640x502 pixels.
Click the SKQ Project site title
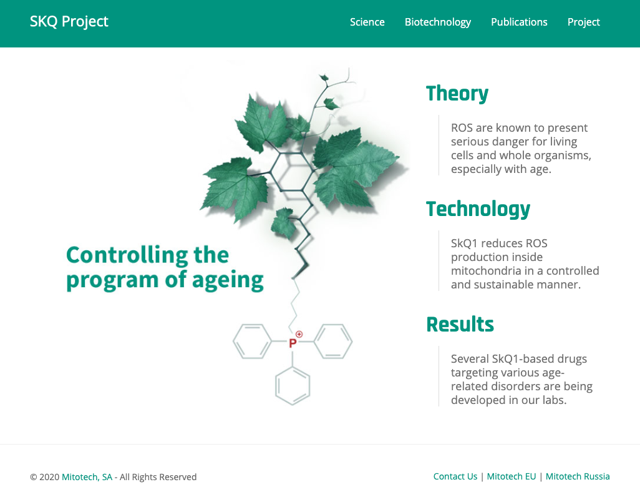(x=69, y=22)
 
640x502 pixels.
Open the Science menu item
(x=367, y=22)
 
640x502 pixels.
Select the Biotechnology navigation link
(x=437, y=22)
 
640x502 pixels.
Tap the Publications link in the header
(x=519, y=22)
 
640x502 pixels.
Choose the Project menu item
(x=583, y=22)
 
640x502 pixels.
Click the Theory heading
(x=457, y=94)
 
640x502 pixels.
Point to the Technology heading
(x=478, y=209)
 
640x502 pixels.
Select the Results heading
(x=460, y=325)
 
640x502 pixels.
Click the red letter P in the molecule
(x=293, y=343)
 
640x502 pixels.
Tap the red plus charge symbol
(x=299, y=334)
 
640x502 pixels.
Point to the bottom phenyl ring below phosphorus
(x=293, y=385)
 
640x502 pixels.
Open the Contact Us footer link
(x=455, y=477)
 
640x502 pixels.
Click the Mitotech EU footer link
(x=511, y=477)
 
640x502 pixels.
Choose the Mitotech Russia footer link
(x=578, y=477)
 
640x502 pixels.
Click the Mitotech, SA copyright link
(x=87, y=478)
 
